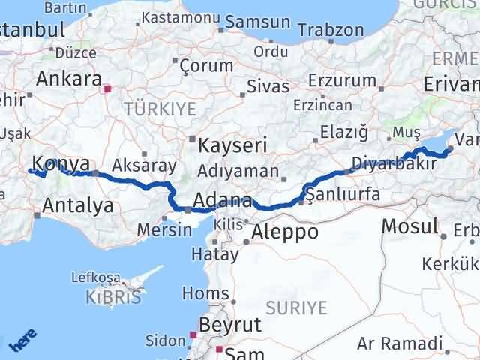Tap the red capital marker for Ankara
click(107, 88)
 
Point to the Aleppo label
click(284, 232)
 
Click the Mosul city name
click(409, 226)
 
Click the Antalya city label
click(78, 205)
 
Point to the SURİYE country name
click(297, 307)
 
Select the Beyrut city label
click(229, 324)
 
